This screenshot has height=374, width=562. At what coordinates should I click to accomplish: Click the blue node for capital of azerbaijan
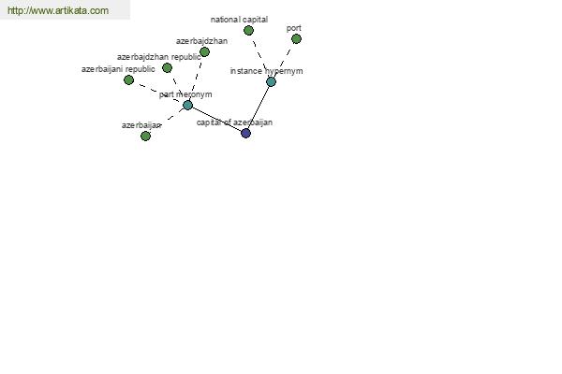pos(245,133)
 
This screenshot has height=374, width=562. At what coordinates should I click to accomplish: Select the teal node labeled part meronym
pos(188,106)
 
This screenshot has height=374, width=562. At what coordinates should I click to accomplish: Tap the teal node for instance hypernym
pos(271,82)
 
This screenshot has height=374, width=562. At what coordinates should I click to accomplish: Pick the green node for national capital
pos(248,31)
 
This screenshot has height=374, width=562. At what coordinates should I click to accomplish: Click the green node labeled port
pos(296,39)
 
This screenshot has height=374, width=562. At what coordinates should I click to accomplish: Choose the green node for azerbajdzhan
pos(204,52)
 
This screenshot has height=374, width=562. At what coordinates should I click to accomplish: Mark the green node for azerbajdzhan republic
pos(167,67)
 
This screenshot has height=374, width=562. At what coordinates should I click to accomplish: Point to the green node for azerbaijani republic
pos(128,79)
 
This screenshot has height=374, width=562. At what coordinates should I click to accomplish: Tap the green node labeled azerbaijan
pos(145,136)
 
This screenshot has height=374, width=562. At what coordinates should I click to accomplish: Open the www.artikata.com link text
pos(58,10)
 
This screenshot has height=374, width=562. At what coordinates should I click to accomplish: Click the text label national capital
pos(239,20)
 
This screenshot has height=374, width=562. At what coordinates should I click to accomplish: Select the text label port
pos(294,28)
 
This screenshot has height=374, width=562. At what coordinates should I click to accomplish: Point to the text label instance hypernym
pos(266,71)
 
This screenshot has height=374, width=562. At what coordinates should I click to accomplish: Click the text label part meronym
pos(185,94)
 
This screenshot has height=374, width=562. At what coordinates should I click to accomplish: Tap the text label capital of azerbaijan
pos(234,122)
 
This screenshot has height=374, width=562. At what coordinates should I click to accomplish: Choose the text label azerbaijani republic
pos(118,69)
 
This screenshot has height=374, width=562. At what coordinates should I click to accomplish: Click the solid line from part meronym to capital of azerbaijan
pos(217,119)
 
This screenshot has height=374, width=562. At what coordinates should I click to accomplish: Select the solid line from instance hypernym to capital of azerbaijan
pos(259,108)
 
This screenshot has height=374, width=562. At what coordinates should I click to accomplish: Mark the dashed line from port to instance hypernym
pos(284,61)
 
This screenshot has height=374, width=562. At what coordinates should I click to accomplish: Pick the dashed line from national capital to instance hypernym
pos(259,56)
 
